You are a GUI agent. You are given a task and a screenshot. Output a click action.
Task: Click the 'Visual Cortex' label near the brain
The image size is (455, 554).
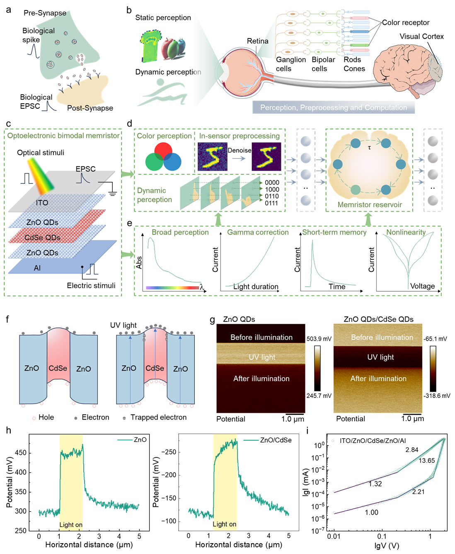pyautogui.click(x=421, y=37)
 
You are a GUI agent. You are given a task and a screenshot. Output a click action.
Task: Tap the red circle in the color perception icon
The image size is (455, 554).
pyautogui.click(x=163, y=151)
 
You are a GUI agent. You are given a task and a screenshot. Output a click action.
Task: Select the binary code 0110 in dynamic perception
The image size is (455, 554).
pyautogui.click(x=272, y=196)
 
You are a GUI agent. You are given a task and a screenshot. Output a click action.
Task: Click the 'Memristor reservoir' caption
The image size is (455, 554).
pyautogui.click(x=370, y=205)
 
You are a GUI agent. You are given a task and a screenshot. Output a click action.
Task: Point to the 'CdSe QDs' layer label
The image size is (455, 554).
pyautogui.click(x=42, y=237)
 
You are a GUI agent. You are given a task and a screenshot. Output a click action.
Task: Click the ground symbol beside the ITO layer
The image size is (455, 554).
pyautogui.click(x=112, y=194)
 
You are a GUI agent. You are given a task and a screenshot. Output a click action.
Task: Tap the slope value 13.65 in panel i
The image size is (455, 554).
pyautogui.click(x=427, y=461)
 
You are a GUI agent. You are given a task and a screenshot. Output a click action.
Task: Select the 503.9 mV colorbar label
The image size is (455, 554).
pyautogui.click(x=319, y=339)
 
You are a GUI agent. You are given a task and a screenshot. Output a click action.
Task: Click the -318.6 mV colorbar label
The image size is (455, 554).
pyautogui.click(x=437, y=395)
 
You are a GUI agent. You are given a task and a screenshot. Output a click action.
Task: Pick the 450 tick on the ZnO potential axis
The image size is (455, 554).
pyautogui.click(x=21, y=453)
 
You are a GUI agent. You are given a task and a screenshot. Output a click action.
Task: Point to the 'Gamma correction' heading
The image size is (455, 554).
pyautogui.click(x=258, y=232)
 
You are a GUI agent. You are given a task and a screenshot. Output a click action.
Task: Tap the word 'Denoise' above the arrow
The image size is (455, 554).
pyautogui.click(x=239, y=150)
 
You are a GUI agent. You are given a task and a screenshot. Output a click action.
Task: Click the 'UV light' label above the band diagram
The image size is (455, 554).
pyautogui.click(x=123, y=325)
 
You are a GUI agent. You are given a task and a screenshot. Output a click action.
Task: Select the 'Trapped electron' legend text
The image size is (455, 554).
pyautogui.click(x=158, y=417)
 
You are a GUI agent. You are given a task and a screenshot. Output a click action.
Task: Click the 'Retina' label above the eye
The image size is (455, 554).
pyautogui.click(x=257, y=41)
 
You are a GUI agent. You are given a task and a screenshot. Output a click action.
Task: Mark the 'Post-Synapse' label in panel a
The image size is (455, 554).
pyautogui.click(x=90, y=108)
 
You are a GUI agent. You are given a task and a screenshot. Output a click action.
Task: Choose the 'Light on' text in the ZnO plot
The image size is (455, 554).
pyautogui.click(x=71, y=525)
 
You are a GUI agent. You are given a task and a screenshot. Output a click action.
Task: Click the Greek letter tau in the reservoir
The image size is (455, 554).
pyautogui.click(x=369, y=148)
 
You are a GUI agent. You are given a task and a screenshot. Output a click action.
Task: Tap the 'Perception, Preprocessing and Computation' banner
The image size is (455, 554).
pyautogui.click(x=333, y=107)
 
